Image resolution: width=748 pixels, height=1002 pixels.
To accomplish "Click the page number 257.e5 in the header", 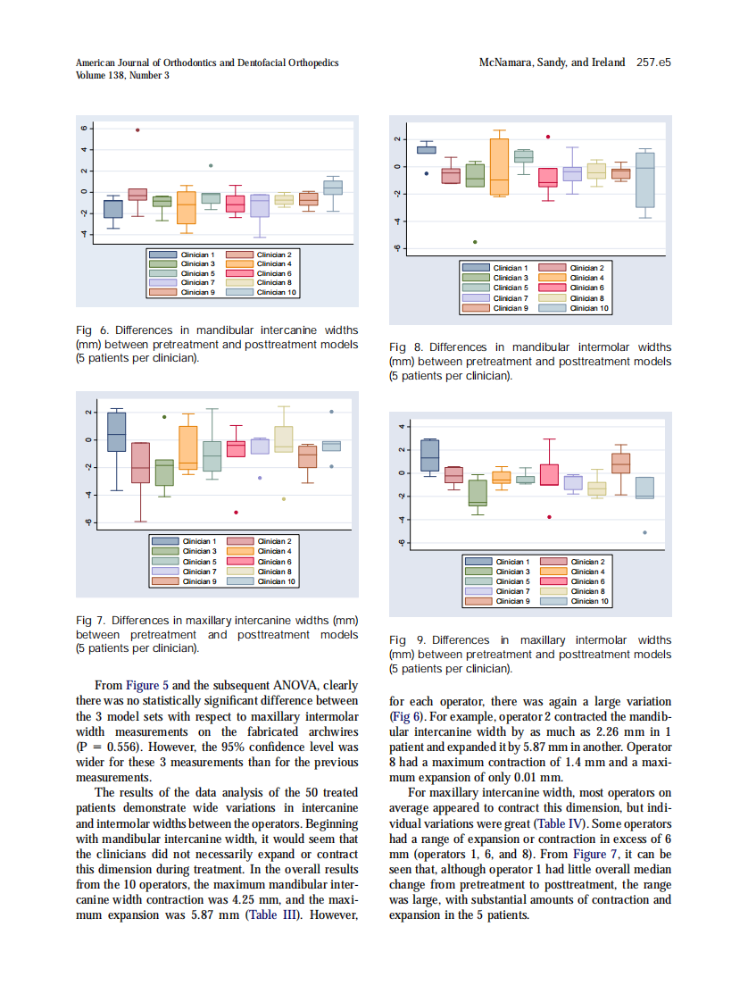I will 653,63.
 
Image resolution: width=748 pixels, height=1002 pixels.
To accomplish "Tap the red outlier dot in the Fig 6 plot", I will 137,129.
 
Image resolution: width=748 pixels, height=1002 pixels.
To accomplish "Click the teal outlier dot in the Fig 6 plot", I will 211,165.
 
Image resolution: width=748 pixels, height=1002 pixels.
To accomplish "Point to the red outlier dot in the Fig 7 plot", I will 236,513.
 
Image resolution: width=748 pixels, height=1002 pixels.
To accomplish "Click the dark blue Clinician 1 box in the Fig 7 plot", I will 116,431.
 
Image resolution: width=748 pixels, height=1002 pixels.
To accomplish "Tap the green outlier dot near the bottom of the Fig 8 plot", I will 475,242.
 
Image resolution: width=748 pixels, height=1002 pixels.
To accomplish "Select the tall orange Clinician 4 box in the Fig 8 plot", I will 499,166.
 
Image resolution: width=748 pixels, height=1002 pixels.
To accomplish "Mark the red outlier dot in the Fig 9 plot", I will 549,517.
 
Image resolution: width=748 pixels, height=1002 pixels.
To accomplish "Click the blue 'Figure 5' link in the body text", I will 149,686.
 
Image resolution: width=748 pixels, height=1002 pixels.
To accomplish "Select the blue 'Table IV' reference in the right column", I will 561,823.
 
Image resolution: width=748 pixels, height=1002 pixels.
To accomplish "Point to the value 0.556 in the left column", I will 120,747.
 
